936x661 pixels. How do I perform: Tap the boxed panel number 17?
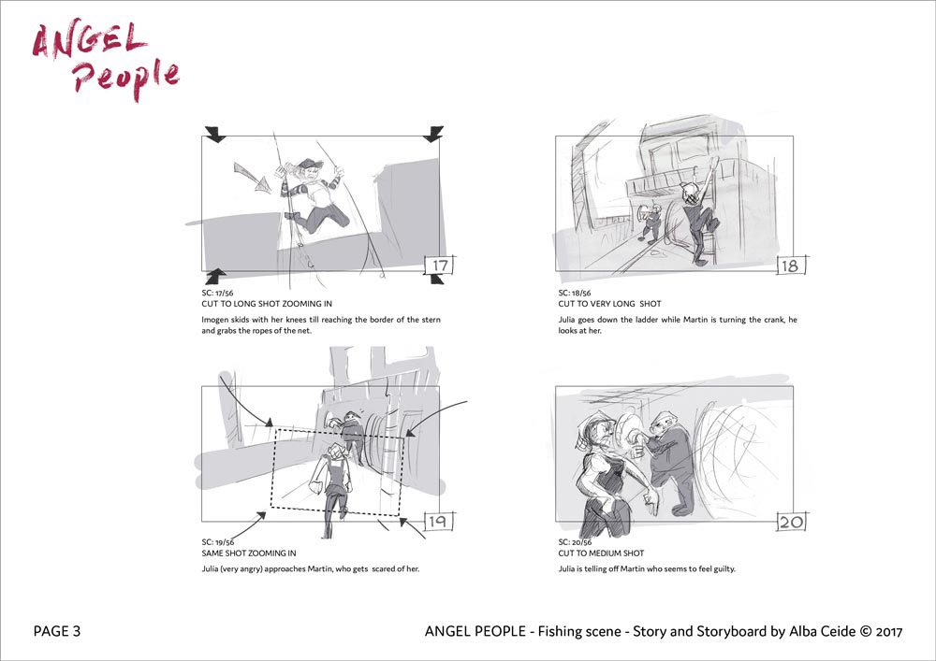(439, 266)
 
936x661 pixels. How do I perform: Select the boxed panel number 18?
(790, 266)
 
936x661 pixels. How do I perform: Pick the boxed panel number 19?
(438, 521)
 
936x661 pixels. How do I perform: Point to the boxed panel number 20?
(792, 522)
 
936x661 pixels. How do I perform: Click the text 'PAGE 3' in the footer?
(57, 631)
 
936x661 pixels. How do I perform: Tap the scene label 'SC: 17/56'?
(217, 293)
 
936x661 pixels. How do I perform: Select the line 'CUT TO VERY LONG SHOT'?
(609, 303)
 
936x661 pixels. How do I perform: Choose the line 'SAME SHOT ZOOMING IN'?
(248, 553)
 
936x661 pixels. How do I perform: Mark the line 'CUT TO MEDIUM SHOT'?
(601, 553)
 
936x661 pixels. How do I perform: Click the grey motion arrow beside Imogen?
(252, 177)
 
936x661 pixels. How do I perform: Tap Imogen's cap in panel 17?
(310, 164)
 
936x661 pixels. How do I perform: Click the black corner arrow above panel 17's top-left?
(215, 134)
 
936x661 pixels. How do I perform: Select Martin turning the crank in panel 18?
(650, 223)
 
